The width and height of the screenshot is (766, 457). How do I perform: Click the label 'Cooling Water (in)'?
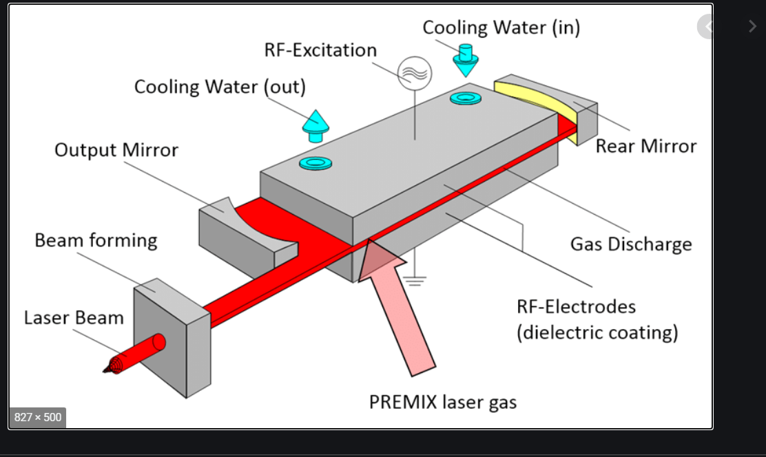(x=501, y=28)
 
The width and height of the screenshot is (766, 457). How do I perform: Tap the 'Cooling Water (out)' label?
(x=220, y=87)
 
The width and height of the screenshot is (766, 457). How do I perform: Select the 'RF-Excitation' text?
(x=320, y=50)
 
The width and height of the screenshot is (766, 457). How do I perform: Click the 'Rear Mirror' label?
(x=645, y=146)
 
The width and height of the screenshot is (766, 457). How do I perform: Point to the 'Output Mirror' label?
(x=116, y=149)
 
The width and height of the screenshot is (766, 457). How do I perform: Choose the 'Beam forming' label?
(x=96, y=240)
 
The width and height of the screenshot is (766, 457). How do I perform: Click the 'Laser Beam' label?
(x=74, y=318)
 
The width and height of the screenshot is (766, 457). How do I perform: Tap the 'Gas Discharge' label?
(x=630, y=244)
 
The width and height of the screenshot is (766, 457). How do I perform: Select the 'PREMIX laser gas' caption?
(x=443, y=402)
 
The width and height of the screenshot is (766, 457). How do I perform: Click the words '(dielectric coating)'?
(x=597, y=332)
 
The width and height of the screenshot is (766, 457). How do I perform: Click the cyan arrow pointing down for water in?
(x=466, y=61)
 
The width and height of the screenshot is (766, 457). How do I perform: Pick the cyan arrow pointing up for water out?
(x=315, y=125)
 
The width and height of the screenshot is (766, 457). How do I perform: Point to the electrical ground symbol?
(x=415, y=278)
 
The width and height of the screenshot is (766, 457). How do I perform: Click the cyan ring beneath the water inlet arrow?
(x=465, y=98)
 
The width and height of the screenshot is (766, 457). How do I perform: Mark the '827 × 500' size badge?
(x=38, y=417)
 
